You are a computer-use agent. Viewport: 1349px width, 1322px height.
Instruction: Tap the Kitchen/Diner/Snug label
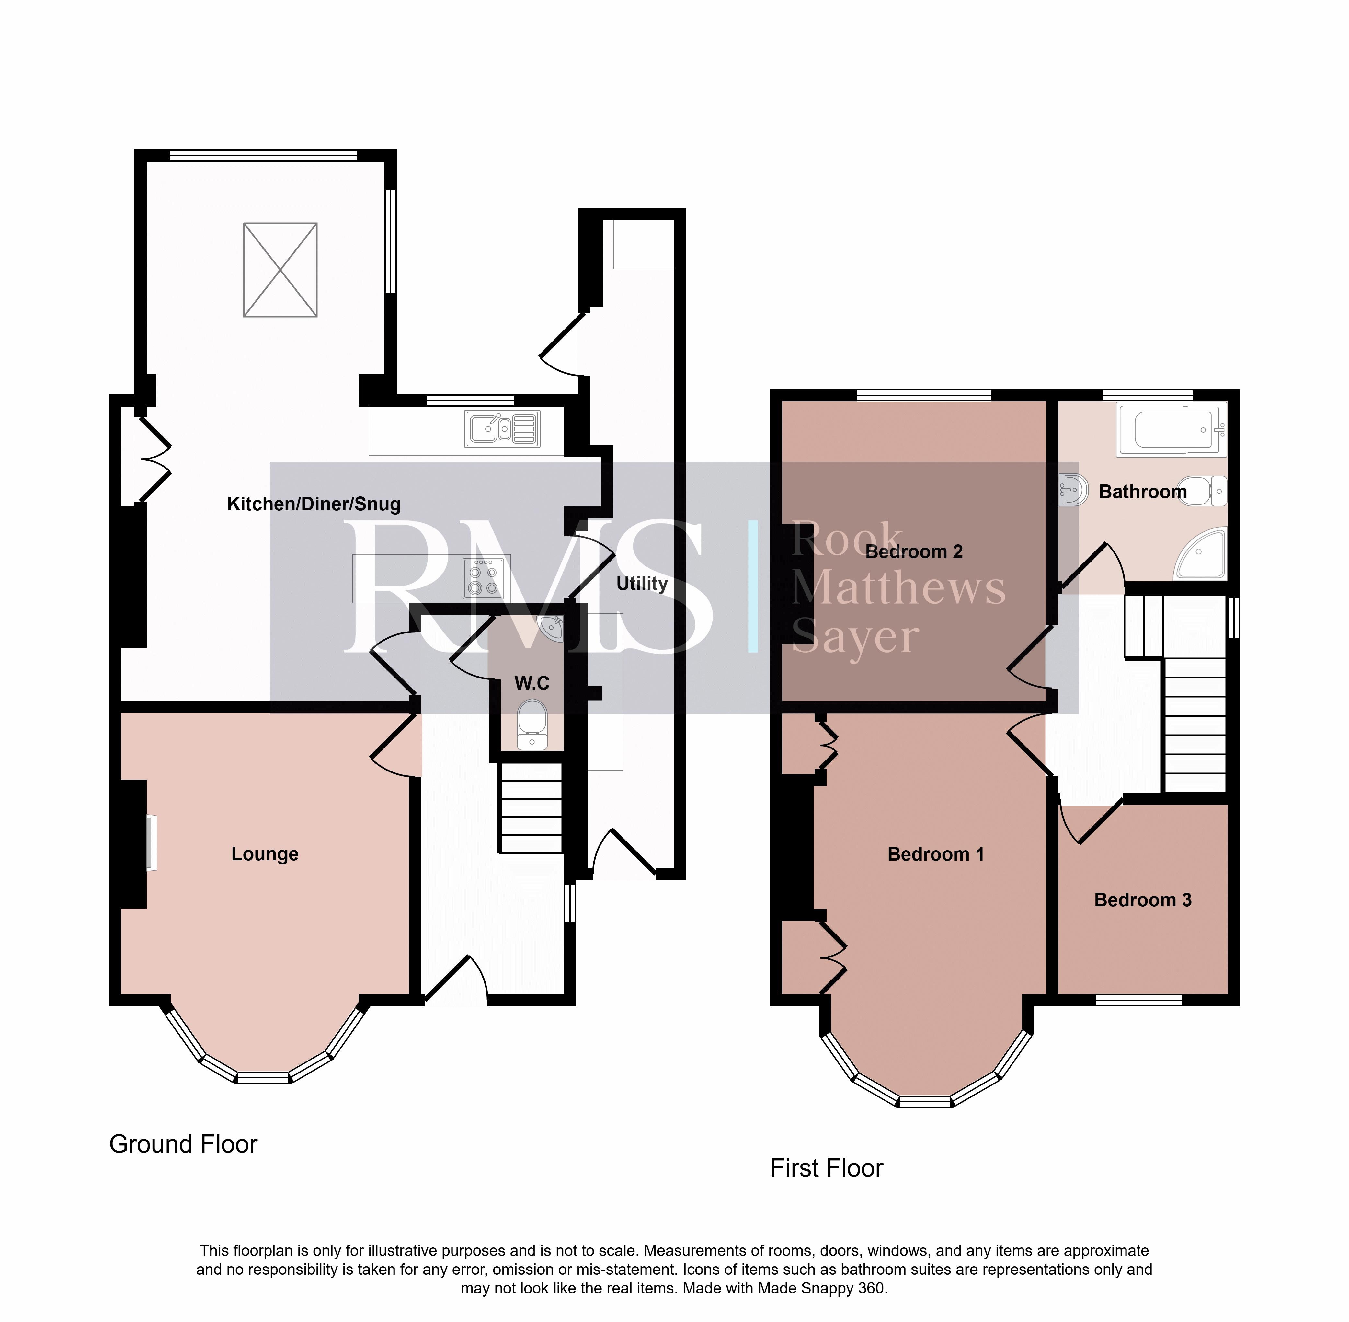314,504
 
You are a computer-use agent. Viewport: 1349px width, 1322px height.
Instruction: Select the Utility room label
642,583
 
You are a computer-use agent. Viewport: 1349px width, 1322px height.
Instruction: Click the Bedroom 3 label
1143,900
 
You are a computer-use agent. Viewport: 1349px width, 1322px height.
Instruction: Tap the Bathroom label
1143,492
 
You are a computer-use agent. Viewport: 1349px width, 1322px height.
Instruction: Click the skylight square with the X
280,270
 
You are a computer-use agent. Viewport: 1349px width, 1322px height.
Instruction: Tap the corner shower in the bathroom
1201,553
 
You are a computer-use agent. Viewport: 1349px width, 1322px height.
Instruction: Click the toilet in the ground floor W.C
532,724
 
